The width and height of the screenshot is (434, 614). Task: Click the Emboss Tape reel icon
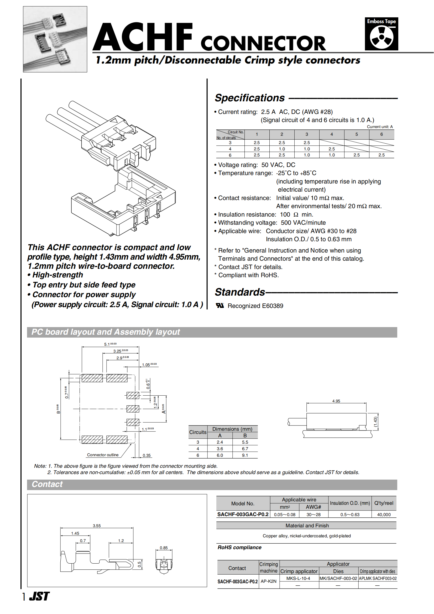point(381,38)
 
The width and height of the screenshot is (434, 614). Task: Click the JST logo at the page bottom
point(39,596)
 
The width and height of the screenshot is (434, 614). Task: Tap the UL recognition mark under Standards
point(220,305)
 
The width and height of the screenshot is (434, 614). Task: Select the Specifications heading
point(250,98)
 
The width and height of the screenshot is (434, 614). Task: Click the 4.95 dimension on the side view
point(336,401)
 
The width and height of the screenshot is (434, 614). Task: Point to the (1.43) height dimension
point(375,422)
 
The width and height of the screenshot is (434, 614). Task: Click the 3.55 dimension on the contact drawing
point(97,526)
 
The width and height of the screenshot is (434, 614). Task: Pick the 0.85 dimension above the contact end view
point(164,548)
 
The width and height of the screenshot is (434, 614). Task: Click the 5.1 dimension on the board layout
point(110,344)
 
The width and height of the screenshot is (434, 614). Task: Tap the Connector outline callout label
point(103,455)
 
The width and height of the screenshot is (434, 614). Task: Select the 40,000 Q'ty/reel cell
point(384,515)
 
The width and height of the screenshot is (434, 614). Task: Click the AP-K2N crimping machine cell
point(269,581)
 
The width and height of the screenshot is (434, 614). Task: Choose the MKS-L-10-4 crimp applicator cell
point(298,578)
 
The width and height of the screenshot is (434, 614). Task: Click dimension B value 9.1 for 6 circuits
point(245,455)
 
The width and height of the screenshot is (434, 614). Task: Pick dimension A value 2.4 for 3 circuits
point(220,442)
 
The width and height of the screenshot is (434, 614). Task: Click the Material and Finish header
point(307,526)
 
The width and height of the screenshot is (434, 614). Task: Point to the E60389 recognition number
point(273,306)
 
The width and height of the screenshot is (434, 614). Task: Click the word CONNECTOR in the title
point(263,43)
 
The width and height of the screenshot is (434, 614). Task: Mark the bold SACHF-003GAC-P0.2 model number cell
point(243,514)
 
